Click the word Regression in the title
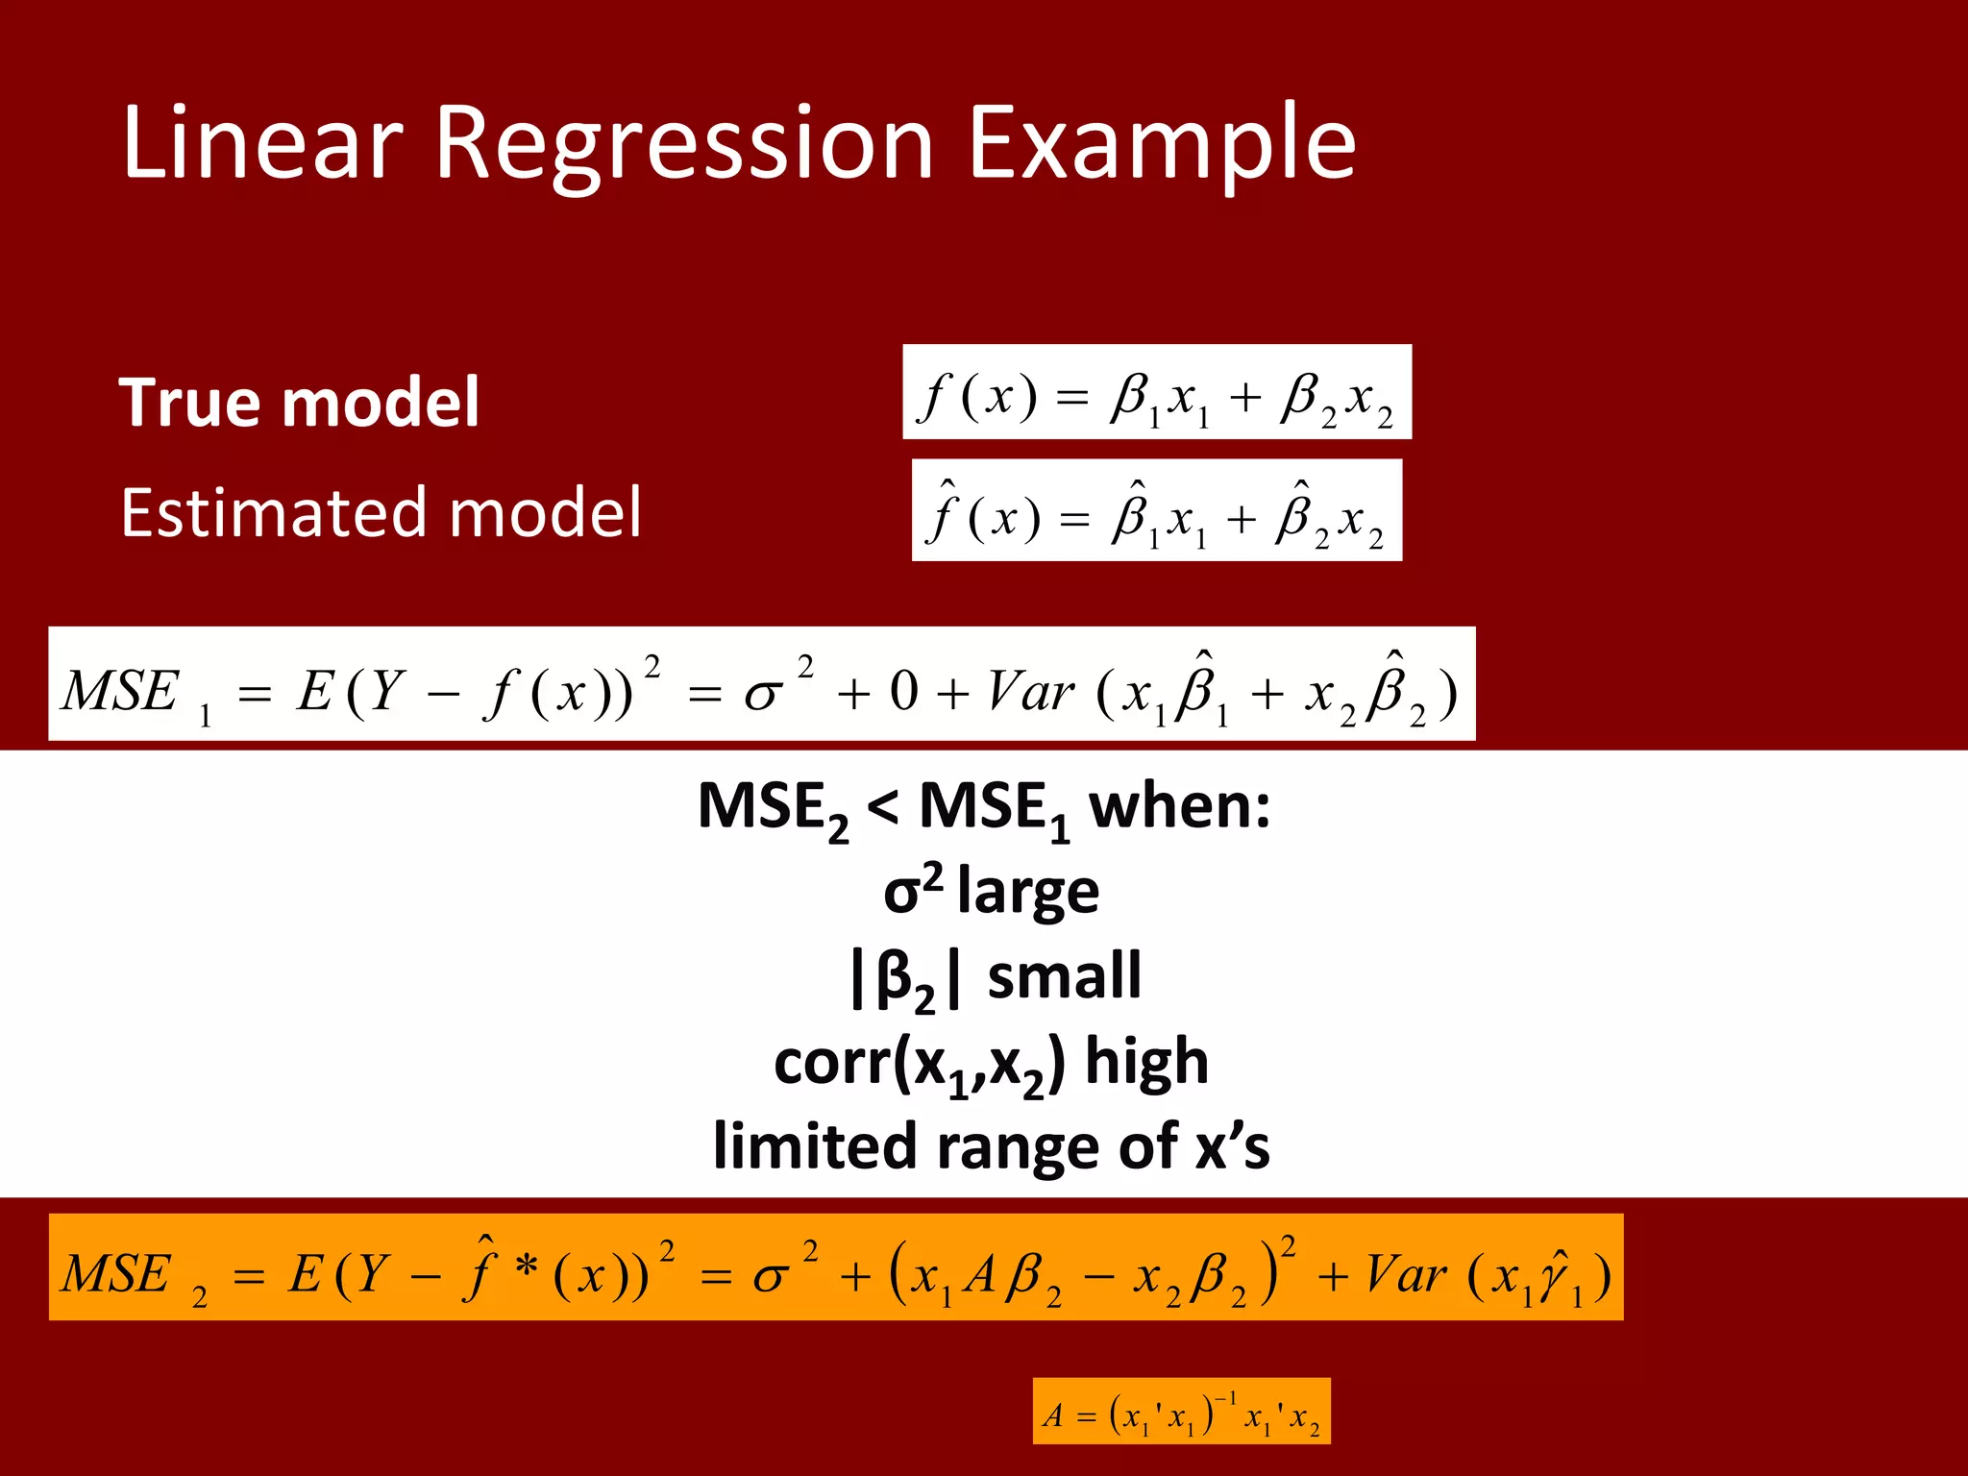tap(684, 144)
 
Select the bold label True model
tap(299, 402)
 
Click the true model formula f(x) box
tap(1156, 393)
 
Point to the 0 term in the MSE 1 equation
tap(903, 691)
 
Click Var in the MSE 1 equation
tap(1030, 691)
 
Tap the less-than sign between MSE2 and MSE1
tap(883, 807)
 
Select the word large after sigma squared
tap(1028, 891)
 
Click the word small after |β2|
tap(1065, 975)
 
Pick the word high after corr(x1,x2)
tap(1146, 1061)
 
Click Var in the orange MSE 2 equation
tap(1406, 1275)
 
